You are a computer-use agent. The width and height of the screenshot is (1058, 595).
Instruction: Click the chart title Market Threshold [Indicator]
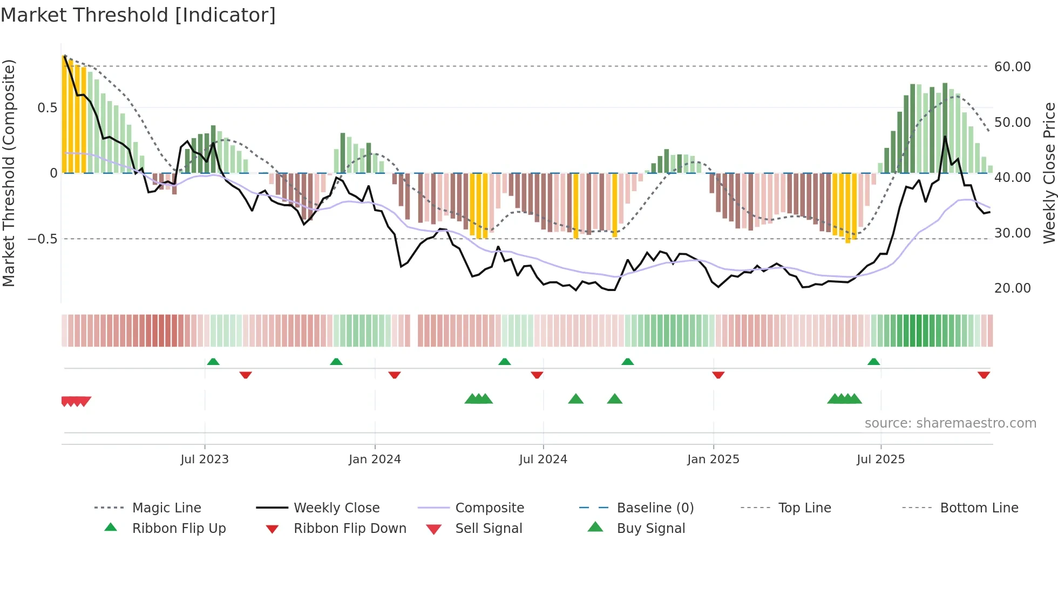point(138,15)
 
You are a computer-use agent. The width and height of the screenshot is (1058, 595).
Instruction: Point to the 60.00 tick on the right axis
point(1012,67)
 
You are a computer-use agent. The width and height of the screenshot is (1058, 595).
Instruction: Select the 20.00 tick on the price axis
point(1012,288)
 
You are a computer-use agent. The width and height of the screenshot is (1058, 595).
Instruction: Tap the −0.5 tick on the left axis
point(42,239)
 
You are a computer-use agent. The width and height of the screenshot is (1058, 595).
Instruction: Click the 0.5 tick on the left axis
point(47,108)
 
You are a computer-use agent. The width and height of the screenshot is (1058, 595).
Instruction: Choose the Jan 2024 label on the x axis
point(375,459)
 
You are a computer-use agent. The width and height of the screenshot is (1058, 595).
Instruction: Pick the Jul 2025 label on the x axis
point(880,459)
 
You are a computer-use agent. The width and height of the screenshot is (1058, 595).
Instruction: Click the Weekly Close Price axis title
point(1049,173)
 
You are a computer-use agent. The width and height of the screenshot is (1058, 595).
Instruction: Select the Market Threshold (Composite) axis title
point(9,173)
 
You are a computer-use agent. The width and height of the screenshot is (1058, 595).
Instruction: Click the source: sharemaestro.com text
point(950,423)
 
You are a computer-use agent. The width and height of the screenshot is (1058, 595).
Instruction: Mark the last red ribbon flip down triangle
point(984,375)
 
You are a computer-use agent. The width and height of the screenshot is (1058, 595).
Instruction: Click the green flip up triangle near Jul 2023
point(213,361)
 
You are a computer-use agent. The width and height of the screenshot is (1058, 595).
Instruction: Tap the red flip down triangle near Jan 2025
point(718,375)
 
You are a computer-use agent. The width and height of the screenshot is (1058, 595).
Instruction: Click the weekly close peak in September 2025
point(945,137)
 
